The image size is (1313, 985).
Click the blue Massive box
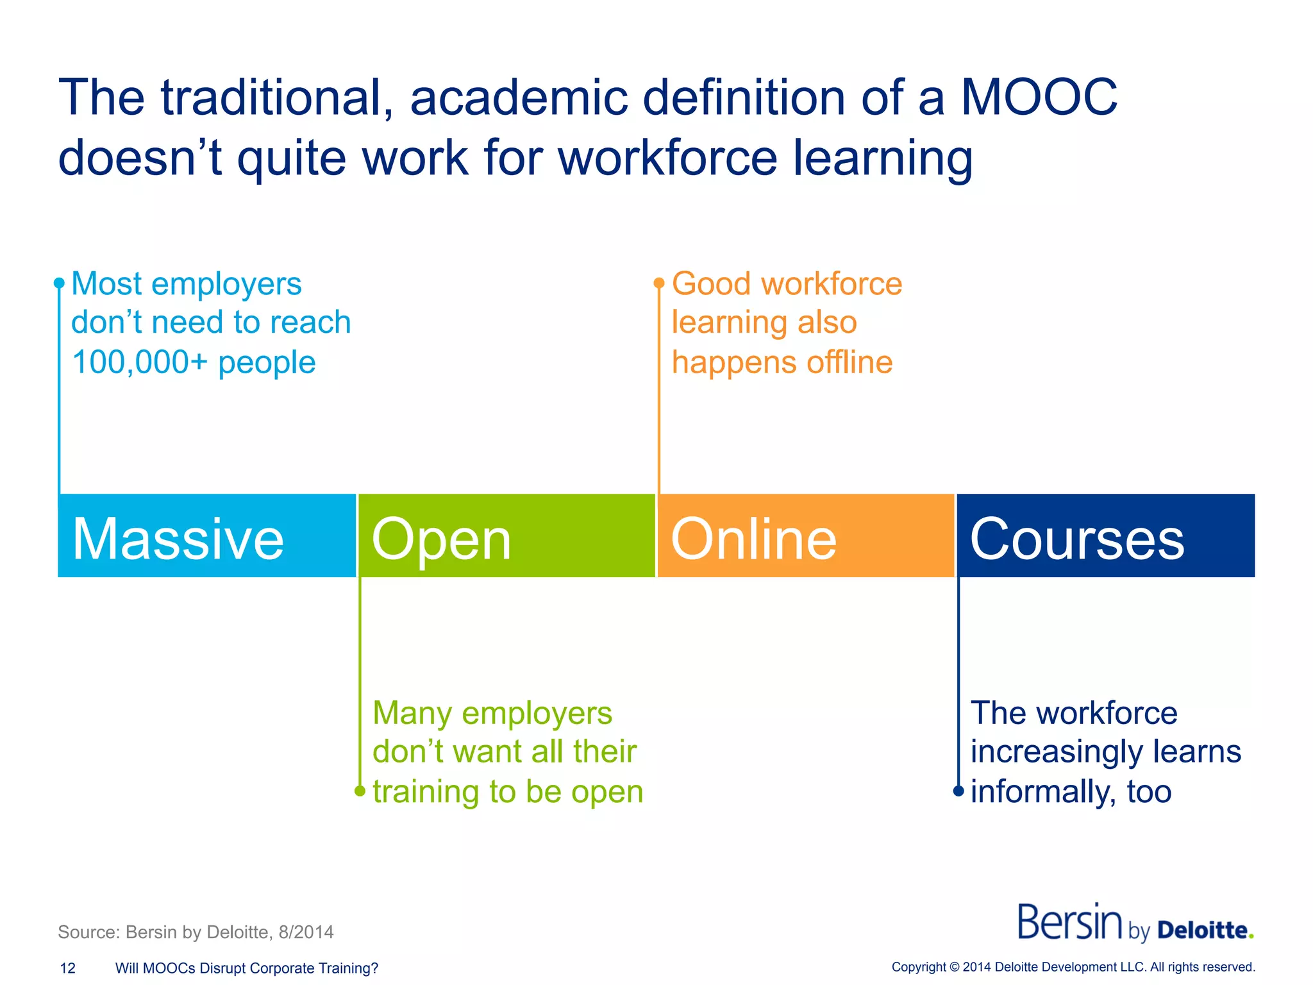pyautogui.click(x=206, y=536)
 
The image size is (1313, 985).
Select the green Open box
pyautogui.click(x=506, y=536)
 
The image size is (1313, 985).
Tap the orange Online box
pyautogui.click(x=806, y=536)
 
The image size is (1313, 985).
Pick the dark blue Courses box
pyautogui.click(x=1105, y=536)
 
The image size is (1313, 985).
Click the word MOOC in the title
pyautogui.click(x=1039, y=97)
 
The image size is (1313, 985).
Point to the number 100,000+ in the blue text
pyautogui.click(x=140, y=362)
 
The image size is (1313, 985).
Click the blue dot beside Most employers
pyautogui.click(x=59, y=283)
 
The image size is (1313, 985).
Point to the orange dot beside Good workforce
pyautogui.click(x=658, y=283)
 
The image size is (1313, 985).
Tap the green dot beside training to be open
pyautogui.click(x=360, y=791)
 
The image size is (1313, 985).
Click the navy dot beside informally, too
pyautogui.click(x=958, y=791)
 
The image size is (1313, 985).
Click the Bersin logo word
pyautogui.click(x=1069, y=922)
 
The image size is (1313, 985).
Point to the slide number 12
pyautogui.click(x=67, y=968)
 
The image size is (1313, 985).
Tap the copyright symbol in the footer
pyautogui.click(x=954, y=967)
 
